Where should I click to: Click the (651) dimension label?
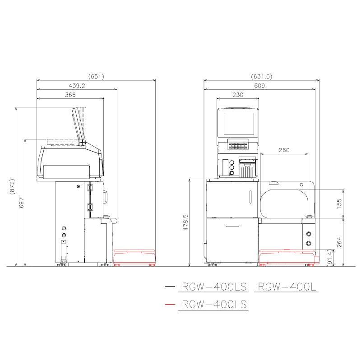96,76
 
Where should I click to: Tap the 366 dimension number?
70,95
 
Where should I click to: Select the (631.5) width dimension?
261,76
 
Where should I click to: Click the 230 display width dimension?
237,95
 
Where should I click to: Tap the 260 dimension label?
284,150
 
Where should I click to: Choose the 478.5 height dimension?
185,223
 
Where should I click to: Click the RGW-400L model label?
286,287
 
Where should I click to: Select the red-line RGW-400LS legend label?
213,305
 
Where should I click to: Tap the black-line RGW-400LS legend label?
213,287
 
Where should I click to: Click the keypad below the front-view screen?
238,145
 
